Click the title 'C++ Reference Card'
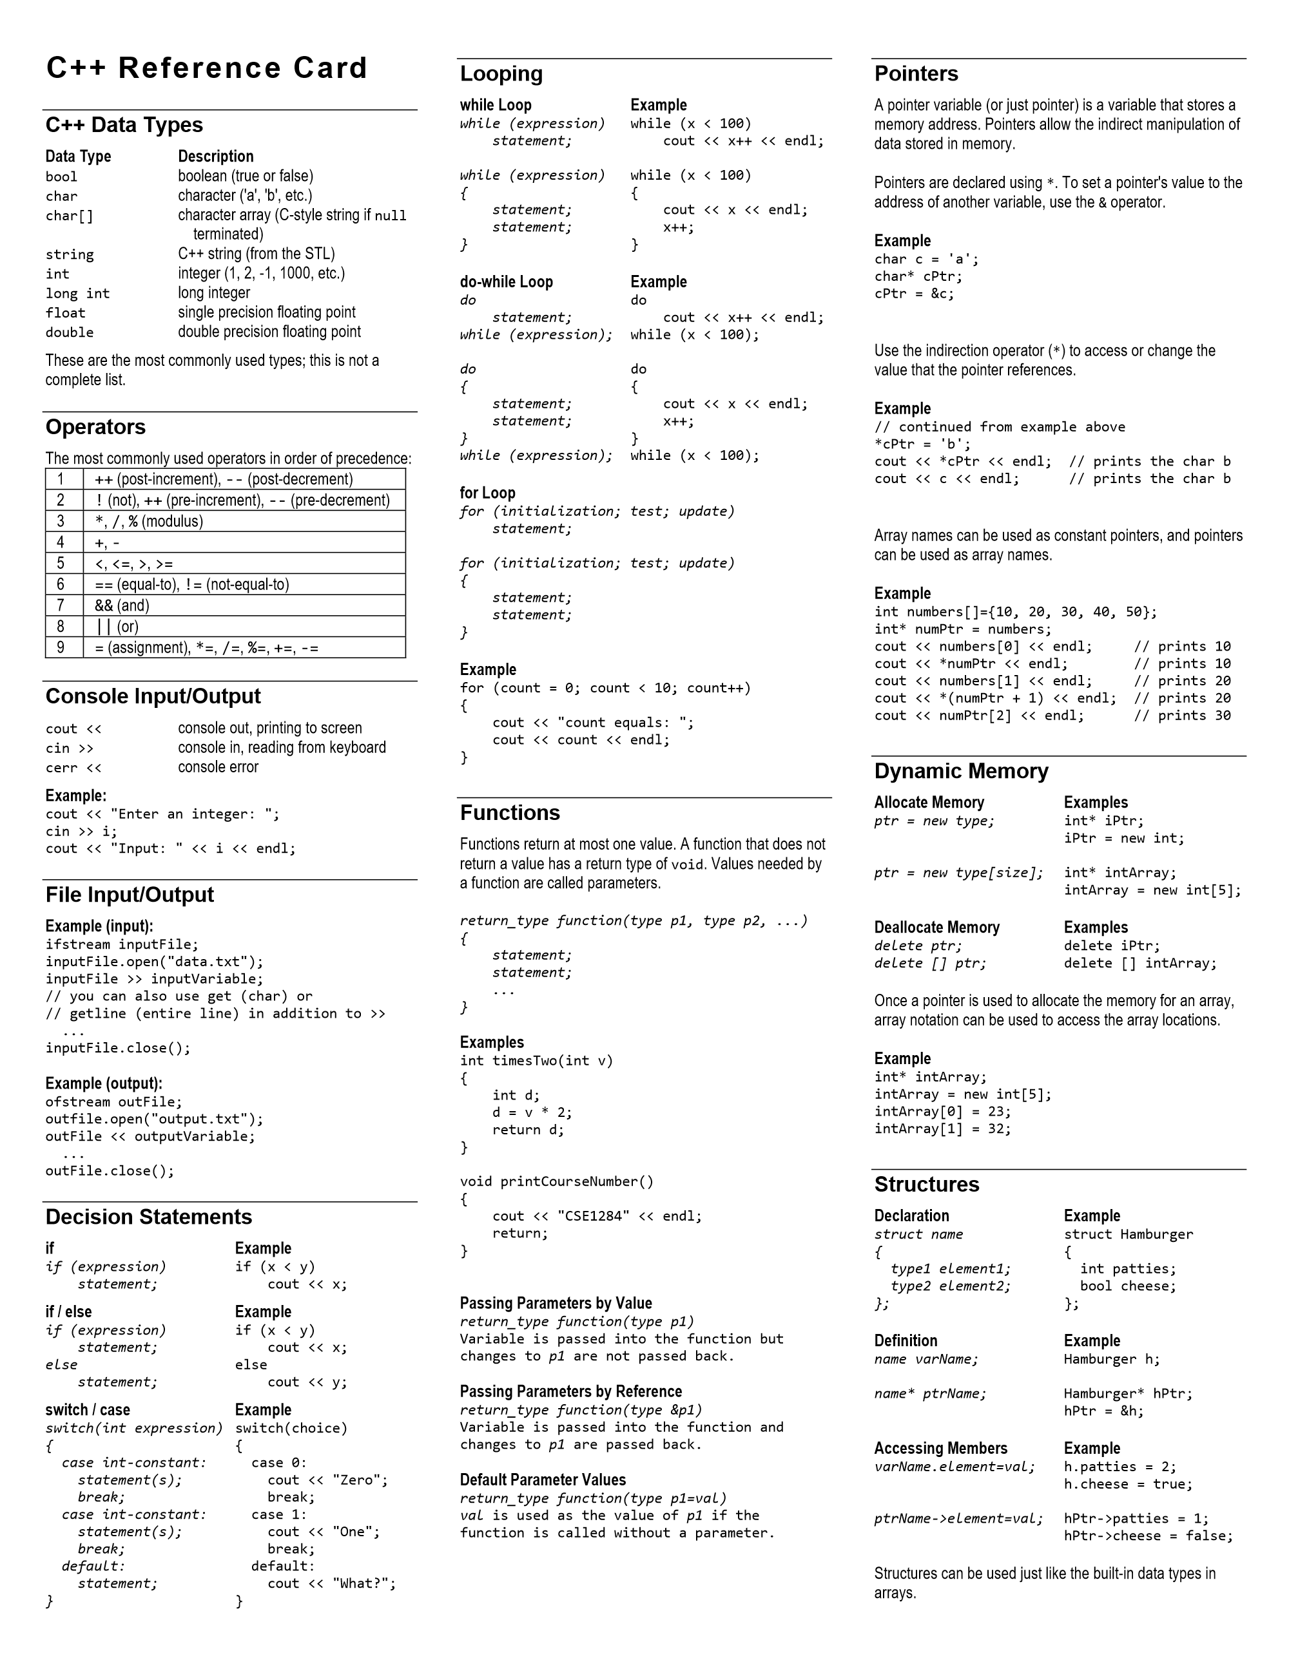point(207,69)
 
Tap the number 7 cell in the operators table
point(61,605)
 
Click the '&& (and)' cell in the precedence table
point(122,605)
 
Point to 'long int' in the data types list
point(77,294)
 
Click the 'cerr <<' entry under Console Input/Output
point(73,768)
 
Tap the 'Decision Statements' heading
point(148,1217)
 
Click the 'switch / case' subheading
point(88,1410)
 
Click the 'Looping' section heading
point(501,74)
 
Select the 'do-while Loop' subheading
point(507,281)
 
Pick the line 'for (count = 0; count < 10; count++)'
point(605,689)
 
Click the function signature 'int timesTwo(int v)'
point(536,1061)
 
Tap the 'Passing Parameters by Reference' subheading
point(570,1391)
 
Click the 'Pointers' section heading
point(916,74)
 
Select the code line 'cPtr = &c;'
point(914,294)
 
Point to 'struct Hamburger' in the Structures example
point(1128,1234)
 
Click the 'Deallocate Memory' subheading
point(936,928)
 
